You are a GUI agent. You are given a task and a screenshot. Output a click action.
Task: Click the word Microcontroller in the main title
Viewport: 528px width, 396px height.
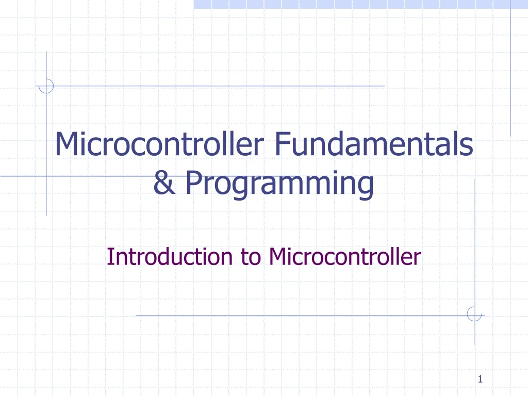tap(159, 145)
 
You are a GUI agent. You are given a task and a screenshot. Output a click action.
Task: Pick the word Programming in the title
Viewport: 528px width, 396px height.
tap(279, 184)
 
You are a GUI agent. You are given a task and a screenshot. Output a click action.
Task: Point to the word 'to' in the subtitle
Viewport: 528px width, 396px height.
tap(250, 256)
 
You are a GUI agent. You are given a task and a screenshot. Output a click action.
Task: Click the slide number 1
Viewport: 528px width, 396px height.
tap(480, 380)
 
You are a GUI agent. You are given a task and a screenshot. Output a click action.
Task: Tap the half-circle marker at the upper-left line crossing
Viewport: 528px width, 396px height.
tap(46, 86)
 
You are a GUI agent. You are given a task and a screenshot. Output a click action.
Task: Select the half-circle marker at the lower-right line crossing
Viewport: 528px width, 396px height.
tap(474, 314)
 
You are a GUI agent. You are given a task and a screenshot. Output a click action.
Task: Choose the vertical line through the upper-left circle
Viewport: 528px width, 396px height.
tap(46, 155)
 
